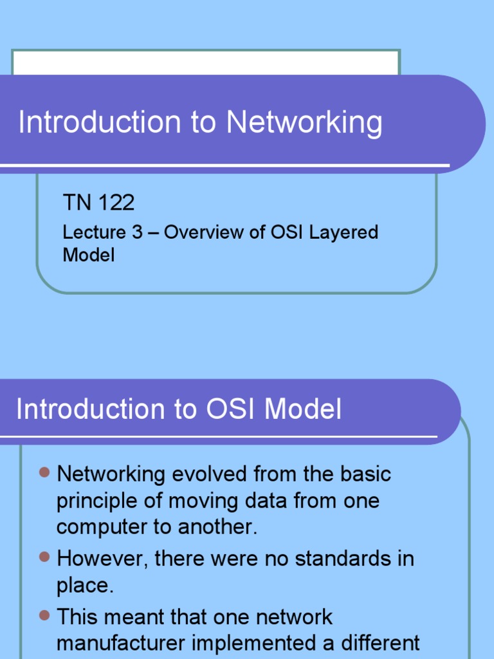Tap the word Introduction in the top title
(x=100, y=122)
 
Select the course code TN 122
(x=98, y=203)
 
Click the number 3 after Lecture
(x=137, y=232)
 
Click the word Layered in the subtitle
(x=343, y=232)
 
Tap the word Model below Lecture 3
(x=88, y=255)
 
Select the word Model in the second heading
(x=303, y=409)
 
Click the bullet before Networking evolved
(x=44, y=473)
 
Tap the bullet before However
(x=44, y=555)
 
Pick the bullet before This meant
(x=44, y=615)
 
